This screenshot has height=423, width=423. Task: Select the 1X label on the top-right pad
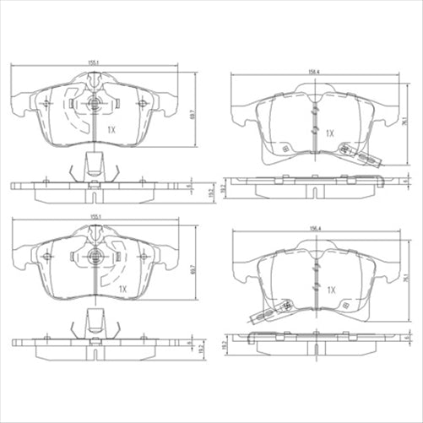click(332, 133)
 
